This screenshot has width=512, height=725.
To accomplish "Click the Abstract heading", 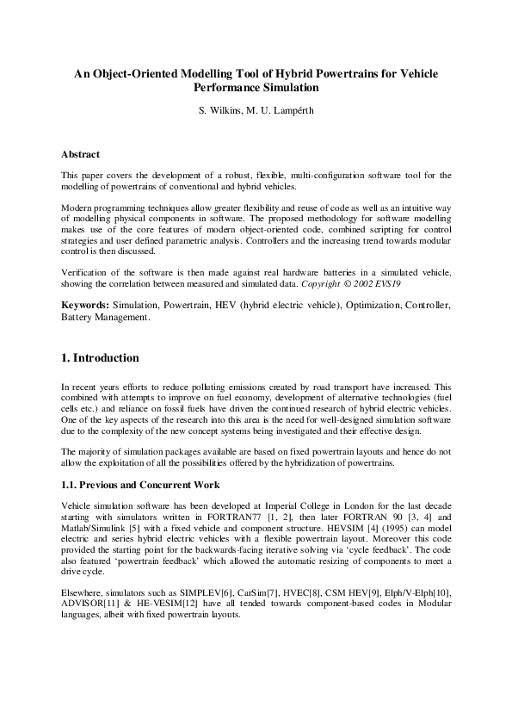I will pos(80,154).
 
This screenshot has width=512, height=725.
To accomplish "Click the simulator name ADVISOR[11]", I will pos(89,604).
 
